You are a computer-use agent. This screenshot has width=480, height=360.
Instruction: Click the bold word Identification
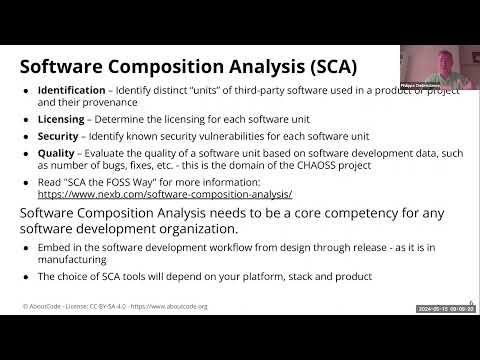[x=72, y=91]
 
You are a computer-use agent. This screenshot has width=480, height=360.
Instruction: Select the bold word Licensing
[x=62, y=118]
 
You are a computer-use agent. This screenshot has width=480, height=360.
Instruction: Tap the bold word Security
[x=60, y=135]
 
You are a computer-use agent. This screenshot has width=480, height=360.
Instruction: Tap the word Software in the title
[x=67, y=68]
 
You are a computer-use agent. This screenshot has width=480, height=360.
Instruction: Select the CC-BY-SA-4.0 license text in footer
[x=110, y=307]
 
